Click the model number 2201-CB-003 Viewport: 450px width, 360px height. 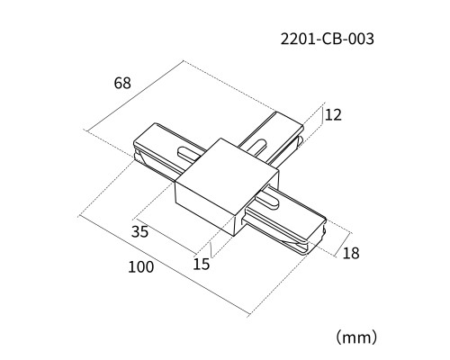pyautogui.click(x=328, y=39)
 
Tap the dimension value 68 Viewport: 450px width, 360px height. pyautogui.click(x=122, y=83)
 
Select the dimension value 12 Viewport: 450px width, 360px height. pyautogui.click(x=333, y=115)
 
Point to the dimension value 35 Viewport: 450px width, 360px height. pyautogui.click(x=139, y=231)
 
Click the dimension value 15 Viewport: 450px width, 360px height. pyautogui.click(x=202, y=264)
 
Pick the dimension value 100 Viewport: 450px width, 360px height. pyautogui.click(x=141, y=267)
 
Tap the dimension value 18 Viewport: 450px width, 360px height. pyautogui.click(x=351, y=253)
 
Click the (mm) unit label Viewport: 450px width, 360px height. pyautogui.click(x=356, y=337)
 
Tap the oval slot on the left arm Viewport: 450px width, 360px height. pyautogui.click(x=189, y=152)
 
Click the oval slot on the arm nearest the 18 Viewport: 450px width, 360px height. pyautogui.click(x=267, y=202)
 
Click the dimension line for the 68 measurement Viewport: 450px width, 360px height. pyautogui.click(x=135, y=95)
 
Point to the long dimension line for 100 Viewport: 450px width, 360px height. pyautogui.click(x=164, y=265)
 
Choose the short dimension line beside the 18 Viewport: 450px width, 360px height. pyautogui.click(x=343, y=245)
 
